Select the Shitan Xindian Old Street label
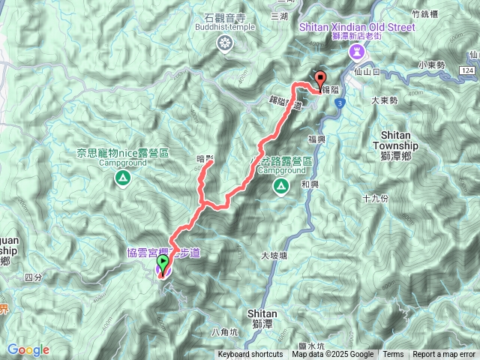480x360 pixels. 356,27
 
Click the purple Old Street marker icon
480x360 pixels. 357,51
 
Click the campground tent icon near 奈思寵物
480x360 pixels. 121,178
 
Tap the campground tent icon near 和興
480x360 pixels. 281,185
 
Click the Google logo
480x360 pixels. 28,349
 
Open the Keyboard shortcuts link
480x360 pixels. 250,355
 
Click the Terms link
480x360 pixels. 393,355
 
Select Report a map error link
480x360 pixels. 444,355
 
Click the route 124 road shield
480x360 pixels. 468,70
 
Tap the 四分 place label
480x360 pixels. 33,277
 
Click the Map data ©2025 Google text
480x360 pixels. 333,355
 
